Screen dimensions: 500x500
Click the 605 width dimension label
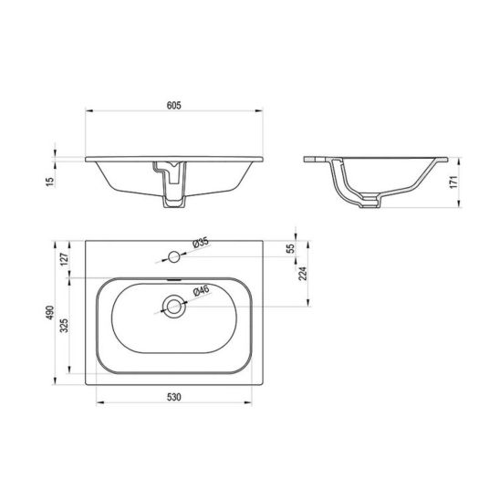point(174,105)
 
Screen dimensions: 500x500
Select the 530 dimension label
point(174,397)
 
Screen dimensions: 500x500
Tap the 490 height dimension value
point(50,313)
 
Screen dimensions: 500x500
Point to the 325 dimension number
point(65,325)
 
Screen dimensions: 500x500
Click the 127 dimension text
point(65,259)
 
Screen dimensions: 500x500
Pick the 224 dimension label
point(302,274)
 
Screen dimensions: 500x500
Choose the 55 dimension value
point(291,249)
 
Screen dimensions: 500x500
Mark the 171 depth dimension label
point(453,182)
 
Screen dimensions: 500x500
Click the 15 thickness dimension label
point(50,182)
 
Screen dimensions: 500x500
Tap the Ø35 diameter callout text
point(201,243)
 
